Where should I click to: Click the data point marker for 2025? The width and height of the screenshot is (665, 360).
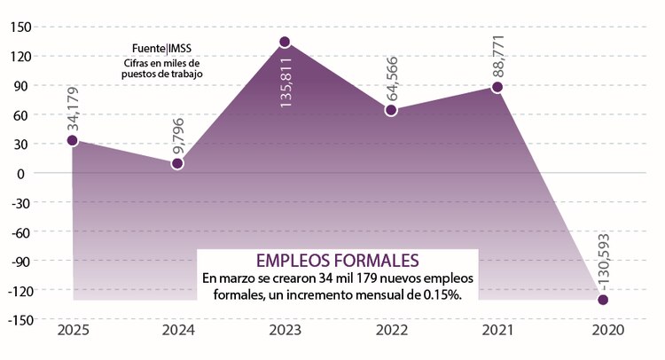pos(72,140)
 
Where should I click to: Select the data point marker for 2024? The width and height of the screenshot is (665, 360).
pos(177,163)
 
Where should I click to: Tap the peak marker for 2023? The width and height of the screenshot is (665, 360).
pos(285,42)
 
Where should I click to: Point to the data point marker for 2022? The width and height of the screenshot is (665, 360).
pos(391,111)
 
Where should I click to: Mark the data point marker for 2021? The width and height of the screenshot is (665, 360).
pos(497,87)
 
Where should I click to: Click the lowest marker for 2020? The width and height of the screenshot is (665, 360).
pos(604,300)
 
